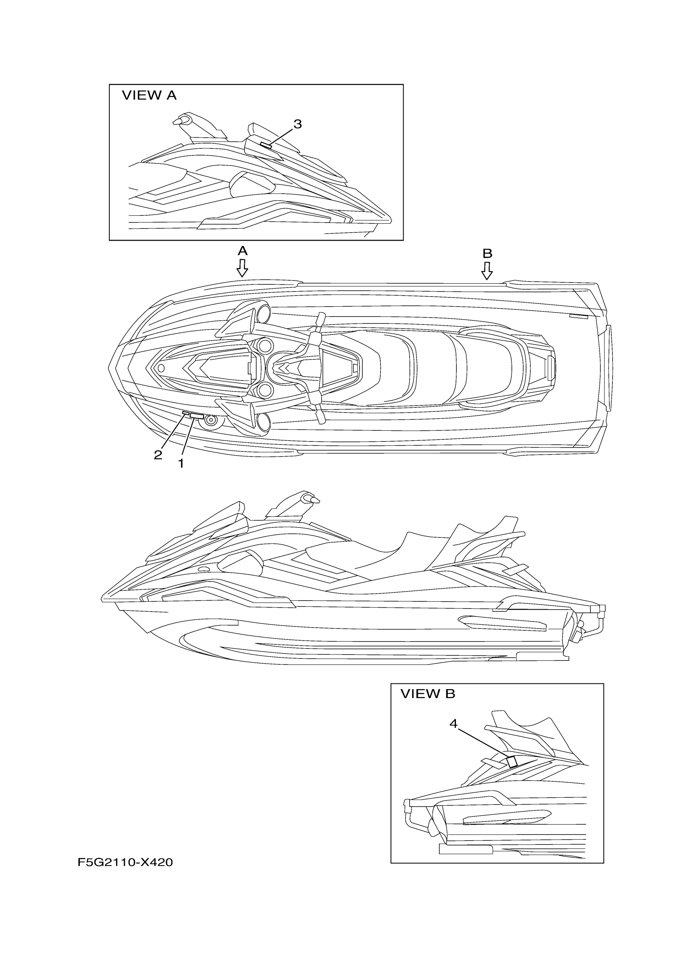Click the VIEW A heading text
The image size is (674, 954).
click(x=149, y=96)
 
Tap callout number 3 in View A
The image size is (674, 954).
click(x=297, y=124)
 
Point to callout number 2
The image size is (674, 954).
click(x=158, y=455)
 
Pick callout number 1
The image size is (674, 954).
click(x=181, y=463)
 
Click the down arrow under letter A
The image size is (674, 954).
click(x=242, y=268)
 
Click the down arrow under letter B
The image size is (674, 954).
click(x=487, y=271)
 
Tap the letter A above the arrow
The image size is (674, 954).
click(x=243, y=251)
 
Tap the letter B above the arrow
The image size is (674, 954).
click(x=487, y=253)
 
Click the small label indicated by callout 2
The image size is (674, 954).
click(x=186, y=413)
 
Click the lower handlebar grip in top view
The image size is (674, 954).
click(x=320, y=415)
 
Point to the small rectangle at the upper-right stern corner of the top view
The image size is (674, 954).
click(x=578, y=317)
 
